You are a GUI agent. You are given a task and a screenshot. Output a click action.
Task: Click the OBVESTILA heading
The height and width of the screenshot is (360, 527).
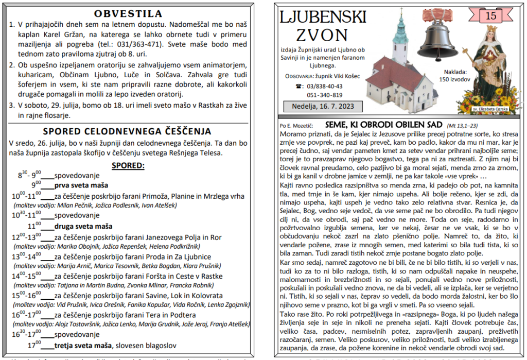click(128, 13)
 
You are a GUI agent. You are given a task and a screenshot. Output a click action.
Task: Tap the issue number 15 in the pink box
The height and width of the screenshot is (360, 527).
click(491, 16)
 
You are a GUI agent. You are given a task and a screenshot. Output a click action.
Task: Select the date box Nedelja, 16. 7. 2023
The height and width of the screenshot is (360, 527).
click(323, 107)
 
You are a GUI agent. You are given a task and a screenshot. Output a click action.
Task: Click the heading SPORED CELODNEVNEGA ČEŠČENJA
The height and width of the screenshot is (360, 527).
click(128, 131)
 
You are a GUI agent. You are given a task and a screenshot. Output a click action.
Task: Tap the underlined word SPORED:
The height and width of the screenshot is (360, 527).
click(128, 165)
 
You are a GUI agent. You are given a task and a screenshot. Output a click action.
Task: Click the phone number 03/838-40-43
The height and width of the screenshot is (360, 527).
click(325, 86)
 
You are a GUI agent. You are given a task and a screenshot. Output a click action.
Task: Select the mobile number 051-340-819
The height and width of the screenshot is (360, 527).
click(325, 95)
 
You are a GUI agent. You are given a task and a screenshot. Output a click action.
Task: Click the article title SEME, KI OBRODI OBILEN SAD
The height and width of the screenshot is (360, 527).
click(383, 125)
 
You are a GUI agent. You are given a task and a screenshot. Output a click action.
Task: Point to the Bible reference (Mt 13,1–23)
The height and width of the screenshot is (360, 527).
click(463, 125)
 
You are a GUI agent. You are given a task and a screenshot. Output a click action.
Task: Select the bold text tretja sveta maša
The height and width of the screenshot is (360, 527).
click(83, 345)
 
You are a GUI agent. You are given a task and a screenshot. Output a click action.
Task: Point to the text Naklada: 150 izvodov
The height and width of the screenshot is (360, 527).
click(453, 76)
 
